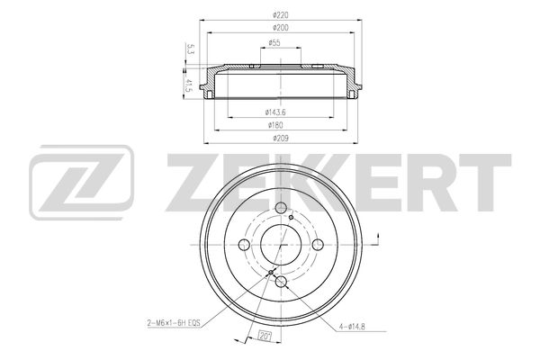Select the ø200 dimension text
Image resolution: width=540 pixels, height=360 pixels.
(283, 29)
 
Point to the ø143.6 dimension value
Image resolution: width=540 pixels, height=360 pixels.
(275, 111)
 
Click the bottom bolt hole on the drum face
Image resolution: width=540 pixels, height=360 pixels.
(283, 283)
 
